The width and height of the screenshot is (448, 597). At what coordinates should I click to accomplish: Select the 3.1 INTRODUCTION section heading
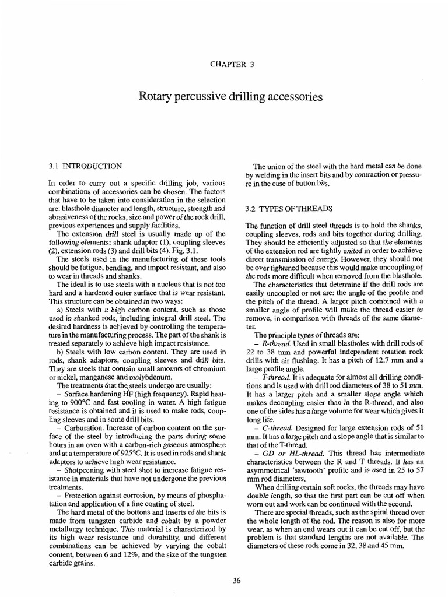(x=85, y=166)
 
